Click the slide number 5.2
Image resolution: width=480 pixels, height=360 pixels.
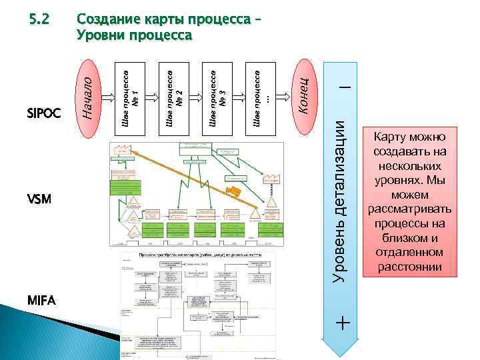(x=39, y=19)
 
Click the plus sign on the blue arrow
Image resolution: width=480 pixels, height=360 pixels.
(x=343, y=323)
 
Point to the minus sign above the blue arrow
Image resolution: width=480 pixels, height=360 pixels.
(x=343, y=87)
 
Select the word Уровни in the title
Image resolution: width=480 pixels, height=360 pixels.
(x=101, y=35)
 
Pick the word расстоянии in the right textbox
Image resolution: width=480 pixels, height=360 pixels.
(x=410, y=268)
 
